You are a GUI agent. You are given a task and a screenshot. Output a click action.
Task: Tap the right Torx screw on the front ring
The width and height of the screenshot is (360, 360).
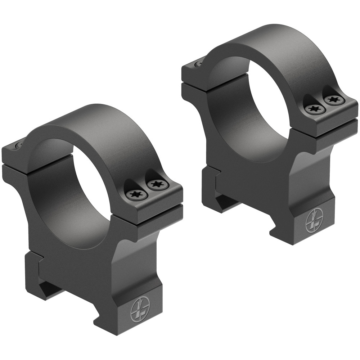(x=157, y=185)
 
